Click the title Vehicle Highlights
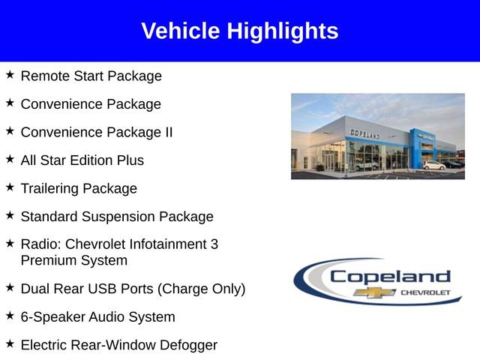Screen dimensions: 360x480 239,31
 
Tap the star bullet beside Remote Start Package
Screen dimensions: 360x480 10,75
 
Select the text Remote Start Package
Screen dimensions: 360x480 91,76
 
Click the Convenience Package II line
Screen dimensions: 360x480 96,132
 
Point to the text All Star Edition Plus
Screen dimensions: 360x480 82,160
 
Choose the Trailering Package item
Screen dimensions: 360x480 79,188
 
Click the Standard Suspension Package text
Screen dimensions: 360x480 116,217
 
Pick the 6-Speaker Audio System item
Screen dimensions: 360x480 97,317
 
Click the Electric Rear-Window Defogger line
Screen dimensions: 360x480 118,345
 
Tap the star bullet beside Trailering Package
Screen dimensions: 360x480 10,187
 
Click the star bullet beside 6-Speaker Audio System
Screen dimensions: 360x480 10,316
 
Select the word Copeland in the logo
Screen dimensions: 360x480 390,276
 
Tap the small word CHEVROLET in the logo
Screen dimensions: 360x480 426,292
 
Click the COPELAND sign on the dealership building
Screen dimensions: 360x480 364,133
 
